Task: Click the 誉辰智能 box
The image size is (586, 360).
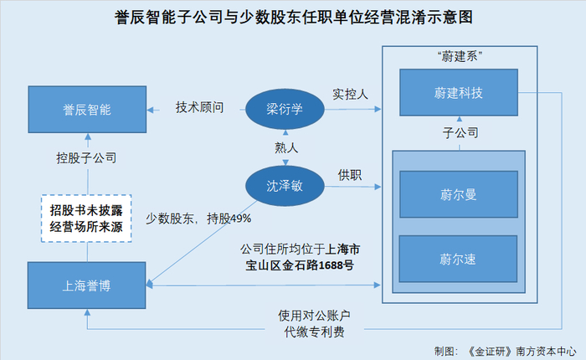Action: (x=87, y=110)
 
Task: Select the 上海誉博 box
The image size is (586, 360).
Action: (x=87, y=285)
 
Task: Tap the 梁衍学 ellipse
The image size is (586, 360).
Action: (x=285, y=109)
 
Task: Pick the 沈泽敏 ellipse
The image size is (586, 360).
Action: (x=285, y=186)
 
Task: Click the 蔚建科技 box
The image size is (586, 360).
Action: (x=459, y=92)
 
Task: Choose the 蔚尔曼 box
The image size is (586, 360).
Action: (x=459, y=194)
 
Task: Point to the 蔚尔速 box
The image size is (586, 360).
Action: (x=458, y=259)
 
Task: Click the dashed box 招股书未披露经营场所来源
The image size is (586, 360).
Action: (x=86, y=219)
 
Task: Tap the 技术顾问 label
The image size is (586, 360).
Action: (x=199, y=107)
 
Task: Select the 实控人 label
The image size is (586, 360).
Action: (x=350, y=95)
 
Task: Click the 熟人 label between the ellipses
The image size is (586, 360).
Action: (x=286, y=148)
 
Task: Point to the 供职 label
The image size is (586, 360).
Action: (x=350, y=175)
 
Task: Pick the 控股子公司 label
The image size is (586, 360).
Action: (x=86, y=157)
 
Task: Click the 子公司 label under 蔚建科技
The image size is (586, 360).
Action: (x=460, y=133)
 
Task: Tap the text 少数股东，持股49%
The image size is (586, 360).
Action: (x=198, y=219)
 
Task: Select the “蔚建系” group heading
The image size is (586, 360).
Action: (x=460, y=56)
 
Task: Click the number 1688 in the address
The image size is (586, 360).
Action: (x=332, y=265)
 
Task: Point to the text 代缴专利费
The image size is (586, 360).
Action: (x=314, y=332)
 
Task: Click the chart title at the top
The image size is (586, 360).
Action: (x=293, y=18)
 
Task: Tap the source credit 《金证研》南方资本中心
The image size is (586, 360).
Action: (x=522, y=352)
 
